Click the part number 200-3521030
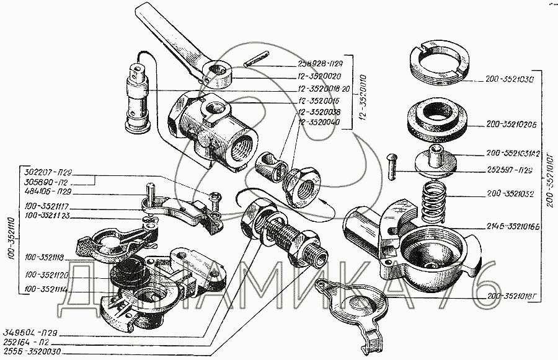point(507,80)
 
